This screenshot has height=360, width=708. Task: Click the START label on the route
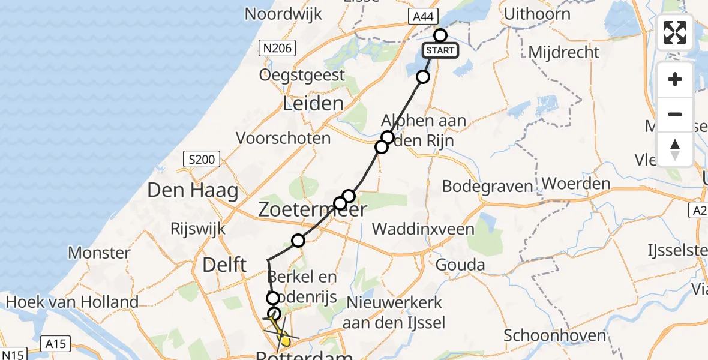(440, 50)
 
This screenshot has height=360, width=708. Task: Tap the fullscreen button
(675, 32)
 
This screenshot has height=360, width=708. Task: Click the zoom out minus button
(675, 114)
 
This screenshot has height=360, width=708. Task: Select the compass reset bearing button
(675, 149)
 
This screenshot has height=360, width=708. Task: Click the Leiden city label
(313, 104)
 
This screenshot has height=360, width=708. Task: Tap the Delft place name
(225, 264)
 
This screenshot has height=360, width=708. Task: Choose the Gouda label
(458, 264)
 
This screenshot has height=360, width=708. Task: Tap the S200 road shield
(201, 160)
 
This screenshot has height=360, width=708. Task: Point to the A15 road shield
(56, 344)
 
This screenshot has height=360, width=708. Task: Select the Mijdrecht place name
(563, 52)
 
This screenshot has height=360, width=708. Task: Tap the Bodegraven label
(487, 187)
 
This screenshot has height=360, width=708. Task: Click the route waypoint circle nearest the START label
(440, 35)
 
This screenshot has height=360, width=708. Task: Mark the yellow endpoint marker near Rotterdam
(285, 342)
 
